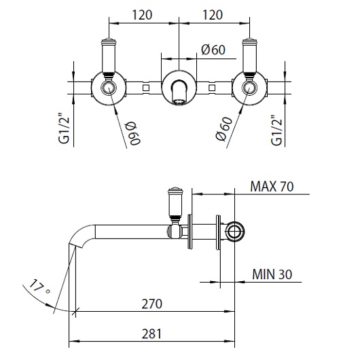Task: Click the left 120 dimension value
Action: (143, 14)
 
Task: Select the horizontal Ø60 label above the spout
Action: (213, 49)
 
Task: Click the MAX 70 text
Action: (272, 186)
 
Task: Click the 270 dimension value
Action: (151, 304)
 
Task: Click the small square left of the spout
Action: (145, 88)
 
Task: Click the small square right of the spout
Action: (213, 88)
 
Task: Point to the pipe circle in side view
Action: (235, 232)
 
